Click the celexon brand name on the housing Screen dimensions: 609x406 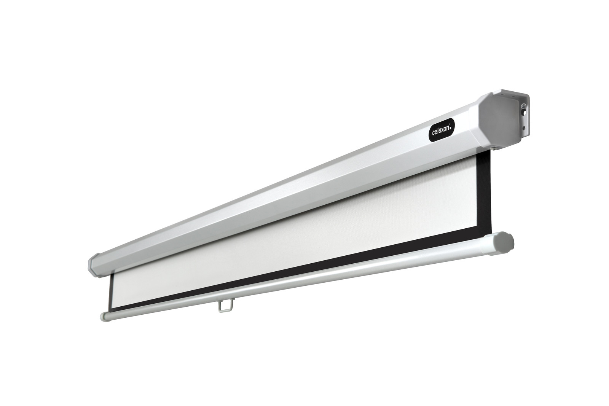tap(441, 132)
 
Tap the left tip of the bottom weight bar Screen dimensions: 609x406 tap(102, 317)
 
